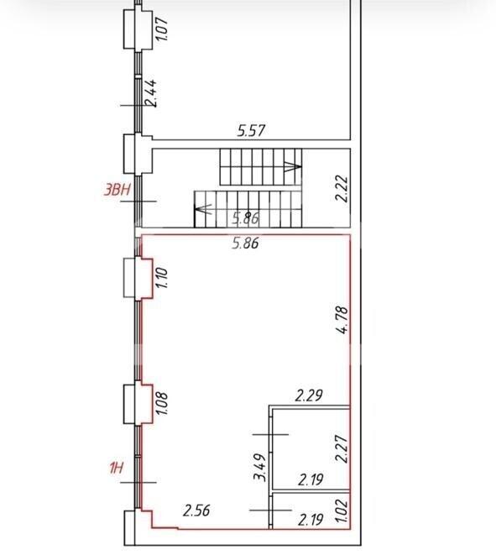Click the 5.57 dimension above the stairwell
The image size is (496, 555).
tap(251, 131)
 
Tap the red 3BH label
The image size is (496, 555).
tap(117, 190)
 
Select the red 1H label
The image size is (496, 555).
tap(116, 468)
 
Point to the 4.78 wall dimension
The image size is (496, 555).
tap(342, 321)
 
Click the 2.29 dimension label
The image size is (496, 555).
tap(309, 395)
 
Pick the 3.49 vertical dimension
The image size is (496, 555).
tap(260, 467)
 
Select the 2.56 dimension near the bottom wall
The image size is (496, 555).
tap(196, 510)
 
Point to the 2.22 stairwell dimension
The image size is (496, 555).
tap(342, 189)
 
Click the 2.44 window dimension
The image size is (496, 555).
tap(151, 93)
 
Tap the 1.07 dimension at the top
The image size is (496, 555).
tap(162, 29)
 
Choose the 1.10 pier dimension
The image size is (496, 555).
tap(161, 277)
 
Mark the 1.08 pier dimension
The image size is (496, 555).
tap(161, 404)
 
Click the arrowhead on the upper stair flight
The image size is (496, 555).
tap(293, 166)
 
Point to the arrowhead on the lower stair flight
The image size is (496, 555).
tap(203, 209)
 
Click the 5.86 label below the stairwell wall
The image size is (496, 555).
tap(245, 243)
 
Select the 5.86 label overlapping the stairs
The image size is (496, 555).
tap(246, 218)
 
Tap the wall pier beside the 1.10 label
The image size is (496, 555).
tap(138, 277)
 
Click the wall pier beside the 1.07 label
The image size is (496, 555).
tap(138, 29)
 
